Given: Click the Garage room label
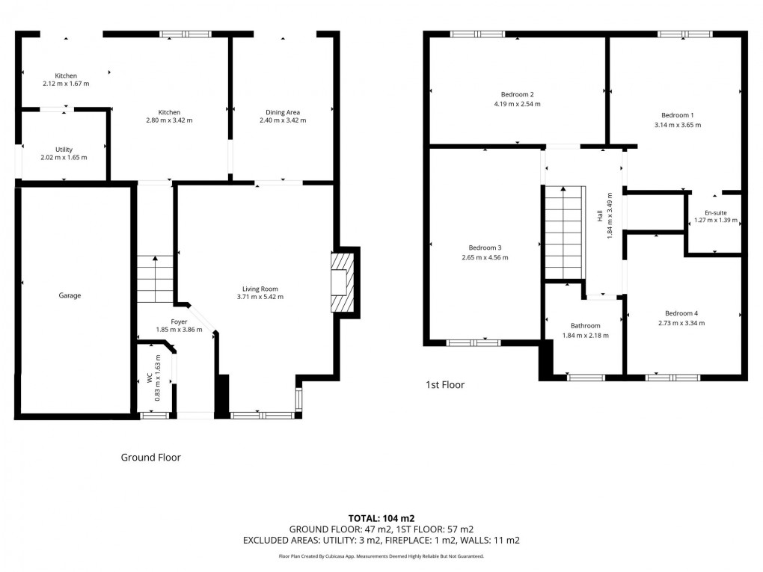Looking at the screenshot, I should [70, 295].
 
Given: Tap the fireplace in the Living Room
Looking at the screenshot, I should [341, 282].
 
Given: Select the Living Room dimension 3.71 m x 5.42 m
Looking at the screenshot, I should [260, 297].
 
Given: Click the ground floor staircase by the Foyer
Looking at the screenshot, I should [155, 278].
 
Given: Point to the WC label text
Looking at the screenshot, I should [150, 380].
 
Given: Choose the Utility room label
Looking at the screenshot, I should [64, 150].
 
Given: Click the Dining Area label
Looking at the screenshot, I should [282, 112].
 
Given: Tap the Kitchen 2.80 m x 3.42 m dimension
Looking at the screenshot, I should [169, 120].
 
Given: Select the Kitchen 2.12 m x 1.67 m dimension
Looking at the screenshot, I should [66, 84].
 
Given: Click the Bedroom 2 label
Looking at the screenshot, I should [517, 94].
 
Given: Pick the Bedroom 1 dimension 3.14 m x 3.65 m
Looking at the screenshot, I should [678, 125].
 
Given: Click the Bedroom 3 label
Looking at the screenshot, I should [485, 247].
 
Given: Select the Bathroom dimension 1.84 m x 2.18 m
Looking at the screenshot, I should [585, 335].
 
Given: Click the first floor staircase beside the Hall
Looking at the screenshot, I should [563, 233].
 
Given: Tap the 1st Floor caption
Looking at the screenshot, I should [445, 385].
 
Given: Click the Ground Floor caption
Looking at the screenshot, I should [150, 457].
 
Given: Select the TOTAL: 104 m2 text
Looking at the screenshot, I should [381, 518].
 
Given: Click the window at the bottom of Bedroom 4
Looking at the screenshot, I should [661, 378].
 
